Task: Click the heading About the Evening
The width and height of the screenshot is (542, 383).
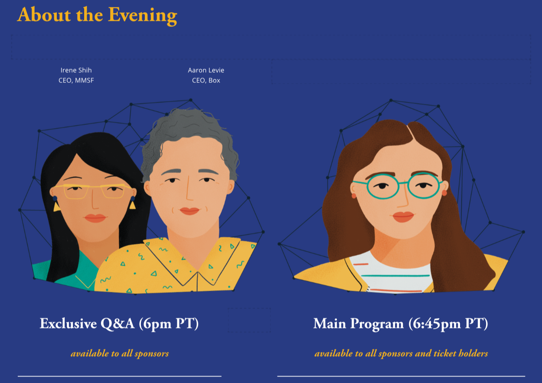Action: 97,16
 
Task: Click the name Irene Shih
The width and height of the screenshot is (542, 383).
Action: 76,70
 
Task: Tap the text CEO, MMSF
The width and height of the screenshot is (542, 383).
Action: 76,81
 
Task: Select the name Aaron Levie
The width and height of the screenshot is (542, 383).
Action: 206,70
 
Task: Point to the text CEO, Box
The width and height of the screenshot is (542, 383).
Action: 206,81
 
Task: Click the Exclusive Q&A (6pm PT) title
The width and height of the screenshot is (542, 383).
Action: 119,324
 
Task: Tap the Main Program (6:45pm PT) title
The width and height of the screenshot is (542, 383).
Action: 401,324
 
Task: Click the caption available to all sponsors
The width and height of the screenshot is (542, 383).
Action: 120,354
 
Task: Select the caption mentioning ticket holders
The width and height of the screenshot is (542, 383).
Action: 401,354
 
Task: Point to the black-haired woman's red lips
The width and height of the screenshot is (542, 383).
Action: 95,218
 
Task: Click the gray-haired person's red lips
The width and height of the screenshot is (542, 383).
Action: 190,211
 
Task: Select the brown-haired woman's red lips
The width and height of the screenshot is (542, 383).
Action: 403,217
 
